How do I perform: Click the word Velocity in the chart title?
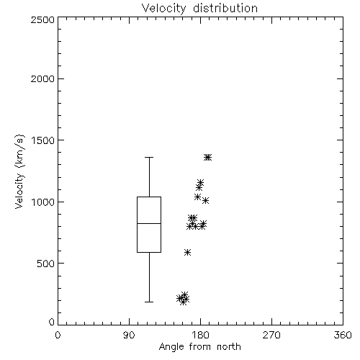(163, 9)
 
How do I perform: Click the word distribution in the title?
(225, 8)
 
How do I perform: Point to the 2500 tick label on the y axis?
(42, 19)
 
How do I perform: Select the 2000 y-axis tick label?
(42, 78)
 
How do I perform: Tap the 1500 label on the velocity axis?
(43, 140)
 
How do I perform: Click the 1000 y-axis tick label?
(43, 202)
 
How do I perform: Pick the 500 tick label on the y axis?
(46, 264)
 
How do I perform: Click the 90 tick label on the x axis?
(129, 335)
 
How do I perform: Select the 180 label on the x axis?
(200, 335)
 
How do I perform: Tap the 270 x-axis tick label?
(271, 335)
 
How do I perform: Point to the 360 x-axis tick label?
(343, 335)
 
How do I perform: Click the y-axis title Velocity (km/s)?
(19, 171)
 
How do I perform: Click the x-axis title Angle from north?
(199, 347)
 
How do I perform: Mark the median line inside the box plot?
(149, 223)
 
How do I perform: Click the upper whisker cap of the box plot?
(149, 158)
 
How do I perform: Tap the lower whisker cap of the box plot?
(149, 302)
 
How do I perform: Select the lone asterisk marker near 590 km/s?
(187, 252)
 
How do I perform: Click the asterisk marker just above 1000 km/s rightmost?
(205, 200)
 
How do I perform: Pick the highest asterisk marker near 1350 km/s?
(208, 157)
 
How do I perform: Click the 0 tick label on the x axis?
(58, 335)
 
